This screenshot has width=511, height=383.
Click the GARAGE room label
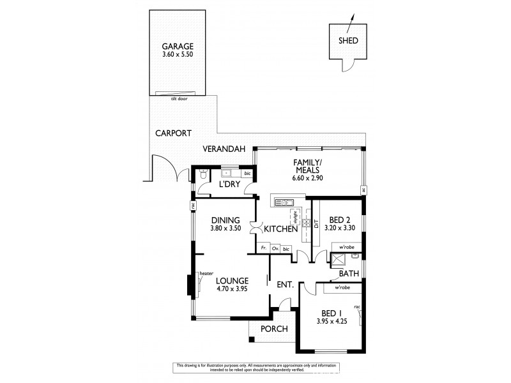[x=177, y=47]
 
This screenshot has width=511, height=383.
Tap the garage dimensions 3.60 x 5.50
[x=177, y=56]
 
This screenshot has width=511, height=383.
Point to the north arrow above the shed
[x=351, y=24]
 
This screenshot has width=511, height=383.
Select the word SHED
[x=348, y=40]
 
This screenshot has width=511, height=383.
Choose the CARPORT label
[x=173, y=133]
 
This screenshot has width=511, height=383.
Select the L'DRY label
[x=229, y=184]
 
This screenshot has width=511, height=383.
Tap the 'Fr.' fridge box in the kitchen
[x=263, y=248]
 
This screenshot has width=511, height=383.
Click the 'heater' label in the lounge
[x=206, y=273]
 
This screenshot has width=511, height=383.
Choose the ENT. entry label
[x=284, y=285]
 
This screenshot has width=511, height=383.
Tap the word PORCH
[x=275, y=329]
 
